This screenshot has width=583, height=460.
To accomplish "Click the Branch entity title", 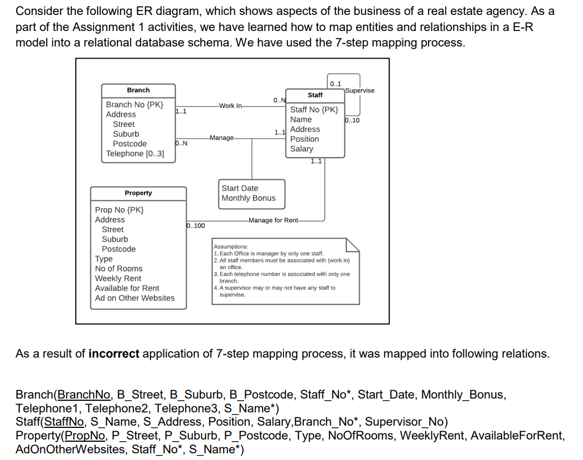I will [138, 90].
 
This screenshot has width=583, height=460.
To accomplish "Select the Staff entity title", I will [315, 95].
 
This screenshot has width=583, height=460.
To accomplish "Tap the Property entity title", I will [138, 193].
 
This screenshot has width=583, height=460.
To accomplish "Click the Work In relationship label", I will [230, 106].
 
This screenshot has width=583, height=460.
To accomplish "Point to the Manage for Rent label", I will [274, 220].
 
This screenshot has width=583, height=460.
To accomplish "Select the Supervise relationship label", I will [359, 91].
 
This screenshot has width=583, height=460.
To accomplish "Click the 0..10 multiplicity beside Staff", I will [352, 121].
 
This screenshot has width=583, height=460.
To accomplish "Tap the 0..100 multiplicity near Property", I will [195, 226].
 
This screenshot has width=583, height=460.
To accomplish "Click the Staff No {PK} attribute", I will [314, 110].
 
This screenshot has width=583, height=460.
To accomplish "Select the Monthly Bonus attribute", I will [248, 198].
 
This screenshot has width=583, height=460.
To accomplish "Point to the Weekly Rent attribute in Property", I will [118, 278].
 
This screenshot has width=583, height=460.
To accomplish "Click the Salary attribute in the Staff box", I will [302, 149].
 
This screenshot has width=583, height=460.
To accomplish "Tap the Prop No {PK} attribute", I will [120, 210].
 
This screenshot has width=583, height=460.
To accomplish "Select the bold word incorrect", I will [113, 354].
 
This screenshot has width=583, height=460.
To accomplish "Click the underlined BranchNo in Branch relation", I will [84, 395].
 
